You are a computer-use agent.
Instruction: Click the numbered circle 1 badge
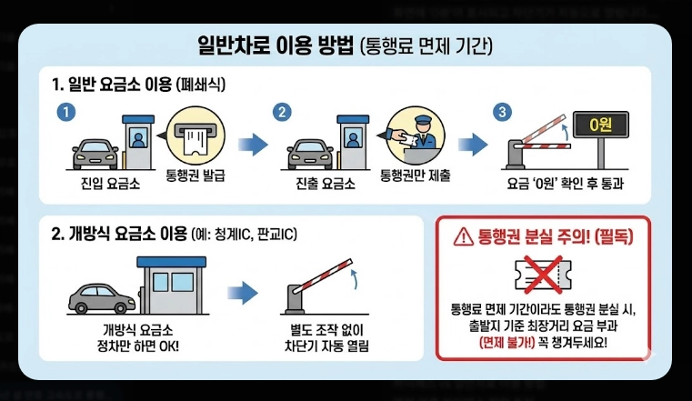[64, 113]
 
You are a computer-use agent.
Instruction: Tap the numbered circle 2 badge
[284, 113]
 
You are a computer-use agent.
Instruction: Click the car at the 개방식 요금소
[101, 294]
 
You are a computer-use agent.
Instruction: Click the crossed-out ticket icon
[544, 272]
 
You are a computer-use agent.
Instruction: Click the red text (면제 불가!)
[511, 343]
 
